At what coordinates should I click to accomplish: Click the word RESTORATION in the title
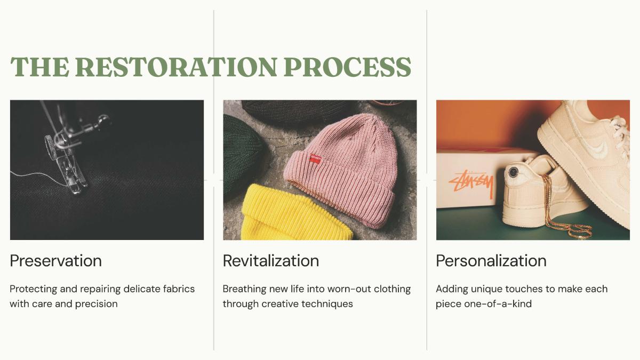(177, 67)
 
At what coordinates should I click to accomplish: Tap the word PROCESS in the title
(347, 67)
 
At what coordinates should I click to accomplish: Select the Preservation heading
(55, 261)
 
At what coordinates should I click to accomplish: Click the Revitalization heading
(271, 261)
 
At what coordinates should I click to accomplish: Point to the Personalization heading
(491, 261)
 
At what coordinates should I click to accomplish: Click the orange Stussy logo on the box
(471, 183)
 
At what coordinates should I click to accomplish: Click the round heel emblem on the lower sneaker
(514, 172)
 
